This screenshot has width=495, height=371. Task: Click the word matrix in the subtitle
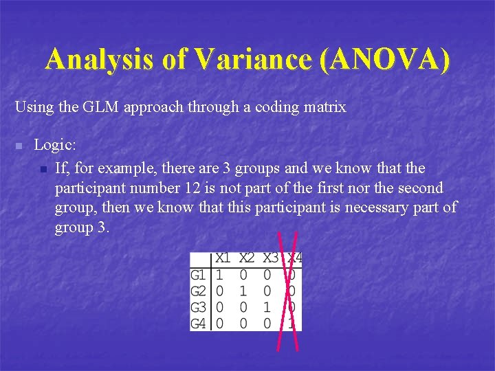(326, 107)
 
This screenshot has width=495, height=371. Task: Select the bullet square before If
(43, 169)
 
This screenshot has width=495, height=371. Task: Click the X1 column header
(223, 258)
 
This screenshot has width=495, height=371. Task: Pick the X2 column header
(247, 258)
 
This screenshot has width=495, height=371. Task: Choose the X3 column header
(271, 258)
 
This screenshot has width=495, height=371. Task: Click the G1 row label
(198, 275)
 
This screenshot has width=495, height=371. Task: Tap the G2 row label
(198, 291)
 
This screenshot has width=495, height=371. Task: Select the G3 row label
(198, 306)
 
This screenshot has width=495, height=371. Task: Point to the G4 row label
(198, 322)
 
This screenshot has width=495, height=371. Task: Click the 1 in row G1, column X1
(219, 275)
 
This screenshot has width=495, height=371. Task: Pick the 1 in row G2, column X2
(244, 291)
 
